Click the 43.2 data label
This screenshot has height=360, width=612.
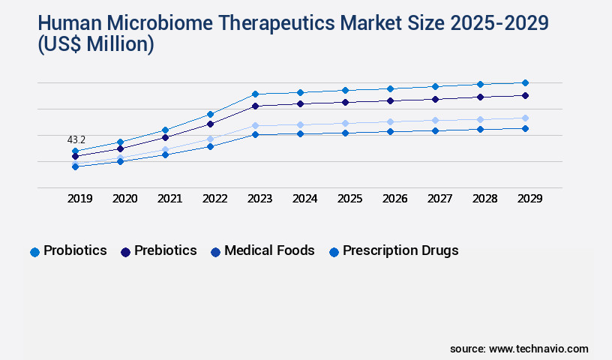point(76,139)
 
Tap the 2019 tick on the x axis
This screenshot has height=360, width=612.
point(79,199)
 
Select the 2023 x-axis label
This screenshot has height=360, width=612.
point(259,199)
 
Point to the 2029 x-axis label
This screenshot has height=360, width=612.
point(529,199)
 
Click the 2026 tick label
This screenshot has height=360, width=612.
point(394,199)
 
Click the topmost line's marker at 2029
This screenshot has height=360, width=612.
point(525,82)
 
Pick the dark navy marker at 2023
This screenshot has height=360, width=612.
point(255,106)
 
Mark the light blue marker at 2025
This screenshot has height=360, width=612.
point(345,123)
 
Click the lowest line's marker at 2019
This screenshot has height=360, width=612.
point(75,166)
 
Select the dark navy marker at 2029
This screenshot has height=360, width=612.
point(525,95)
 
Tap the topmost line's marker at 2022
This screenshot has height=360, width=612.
point(210,114)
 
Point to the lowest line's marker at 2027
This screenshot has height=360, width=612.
point(435,130)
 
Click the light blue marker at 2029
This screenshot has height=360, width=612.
point(525,118)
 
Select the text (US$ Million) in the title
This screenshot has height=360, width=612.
point(84,45)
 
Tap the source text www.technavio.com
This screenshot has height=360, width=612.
point(538,349)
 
